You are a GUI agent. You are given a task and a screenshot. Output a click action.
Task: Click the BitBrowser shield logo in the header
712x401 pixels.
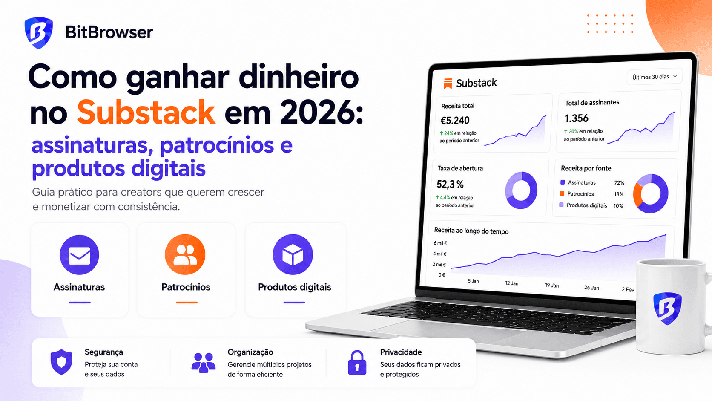(x=39, y=33)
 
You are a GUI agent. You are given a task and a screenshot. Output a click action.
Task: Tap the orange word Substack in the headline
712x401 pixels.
(x=146, y=112)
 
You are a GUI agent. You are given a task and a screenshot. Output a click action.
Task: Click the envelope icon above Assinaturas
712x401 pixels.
(x=80, y=255)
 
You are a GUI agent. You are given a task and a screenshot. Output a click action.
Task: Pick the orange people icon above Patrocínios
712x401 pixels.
(x=185, y=254)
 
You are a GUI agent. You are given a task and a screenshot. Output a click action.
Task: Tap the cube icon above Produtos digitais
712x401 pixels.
(x=293, y=254)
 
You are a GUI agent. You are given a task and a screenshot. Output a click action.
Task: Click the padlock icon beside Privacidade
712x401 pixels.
(x=357, y=363)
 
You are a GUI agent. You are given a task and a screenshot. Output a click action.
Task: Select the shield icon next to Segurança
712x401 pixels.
(x=61, y=362)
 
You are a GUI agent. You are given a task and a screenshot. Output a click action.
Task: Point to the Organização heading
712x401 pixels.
(x=250, y=352)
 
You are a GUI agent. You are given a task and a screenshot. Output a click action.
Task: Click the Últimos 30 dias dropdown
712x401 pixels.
(x=655, y=77)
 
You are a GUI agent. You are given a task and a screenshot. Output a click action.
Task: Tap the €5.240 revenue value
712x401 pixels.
(x=455, y=121)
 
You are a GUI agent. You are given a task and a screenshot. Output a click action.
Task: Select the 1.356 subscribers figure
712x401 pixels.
(x=576, y=118)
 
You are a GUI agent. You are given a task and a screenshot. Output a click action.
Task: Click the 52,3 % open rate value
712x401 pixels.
(x=450, y=184)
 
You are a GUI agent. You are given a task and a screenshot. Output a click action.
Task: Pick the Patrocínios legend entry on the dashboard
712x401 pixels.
(x=577, y=193)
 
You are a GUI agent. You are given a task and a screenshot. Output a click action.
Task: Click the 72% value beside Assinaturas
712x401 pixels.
(x=619, y=183)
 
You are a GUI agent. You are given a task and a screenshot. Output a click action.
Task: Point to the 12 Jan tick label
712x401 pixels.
(x=512, y=283)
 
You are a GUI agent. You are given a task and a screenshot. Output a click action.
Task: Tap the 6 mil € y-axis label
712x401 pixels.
(x=440, y=243)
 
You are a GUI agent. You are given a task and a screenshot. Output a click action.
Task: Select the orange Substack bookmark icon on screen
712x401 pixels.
(x=448, y=84)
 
